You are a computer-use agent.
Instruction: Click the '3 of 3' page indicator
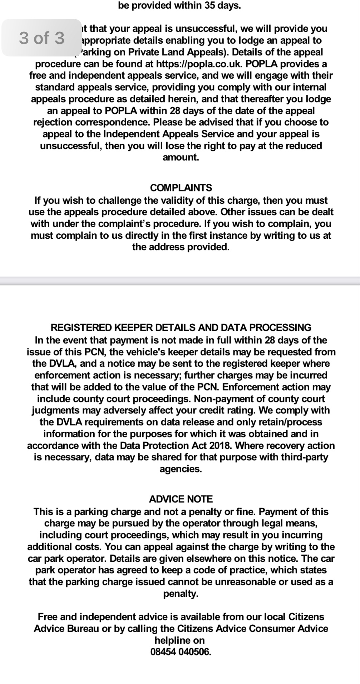coord(41,38)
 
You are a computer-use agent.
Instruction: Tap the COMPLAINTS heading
coord(181,188)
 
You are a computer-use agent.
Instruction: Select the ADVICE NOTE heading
coord(181,499)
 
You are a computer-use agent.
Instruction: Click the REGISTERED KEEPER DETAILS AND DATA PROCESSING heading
coord(181,327)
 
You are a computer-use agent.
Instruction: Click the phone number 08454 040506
coord(181,651)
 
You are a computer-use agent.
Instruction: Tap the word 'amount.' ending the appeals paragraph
coord(181,157)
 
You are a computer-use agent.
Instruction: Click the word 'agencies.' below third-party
coord(181,469)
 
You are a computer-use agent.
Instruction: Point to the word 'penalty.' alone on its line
coord(181,594)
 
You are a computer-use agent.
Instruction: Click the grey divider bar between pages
coord(180,281)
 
